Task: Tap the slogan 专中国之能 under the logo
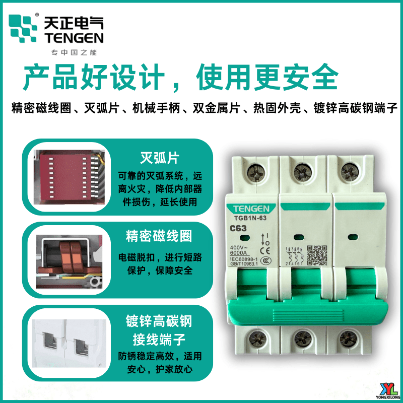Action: pyautogui.click(x=74, y=53)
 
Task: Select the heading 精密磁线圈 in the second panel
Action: pyautogui.click(x=159, y=236)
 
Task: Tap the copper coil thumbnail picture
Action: pyautogui.click(x=71, y=258)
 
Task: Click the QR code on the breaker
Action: pyautogui.click(x=318, y=254)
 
